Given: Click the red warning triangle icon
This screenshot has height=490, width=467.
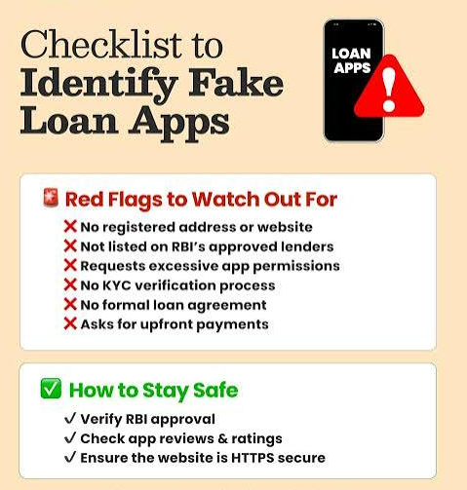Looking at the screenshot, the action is (389, 89).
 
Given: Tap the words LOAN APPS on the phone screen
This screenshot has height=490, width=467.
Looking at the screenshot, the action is (351, 60).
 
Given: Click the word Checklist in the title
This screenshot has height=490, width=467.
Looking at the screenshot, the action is (101, 45).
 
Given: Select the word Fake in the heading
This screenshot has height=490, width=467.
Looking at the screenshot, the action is (236, 83).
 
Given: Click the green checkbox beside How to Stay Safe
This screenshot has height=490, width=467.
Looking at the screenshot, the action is (51, 389).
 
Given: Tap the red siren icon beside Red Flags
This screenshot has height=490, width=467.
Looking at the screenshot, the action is (51, 198).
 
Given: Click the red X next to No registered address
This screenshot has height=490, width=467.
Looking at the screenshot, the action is (70, 226).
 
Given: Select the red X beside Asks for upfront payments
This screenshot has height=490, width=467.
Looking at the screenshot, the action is (70, 323).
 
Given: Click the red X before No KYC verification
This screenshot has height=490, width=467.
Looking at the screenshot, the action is (70, 284).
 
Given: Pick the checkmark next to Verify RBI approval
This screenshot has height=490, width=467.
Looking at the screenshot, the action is (70, 418).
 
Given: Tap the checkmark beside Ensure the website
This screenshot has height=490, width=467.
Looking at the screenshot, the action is (70, 457).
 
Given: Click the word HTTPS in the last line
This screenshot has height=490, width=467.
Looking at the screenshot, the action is (253, 458).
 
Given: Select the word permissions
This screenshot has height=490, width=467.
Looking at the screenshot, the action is (296, 267).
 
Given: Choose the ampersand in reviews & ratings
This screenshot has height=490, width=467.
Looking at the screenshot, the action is (222, 438).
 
